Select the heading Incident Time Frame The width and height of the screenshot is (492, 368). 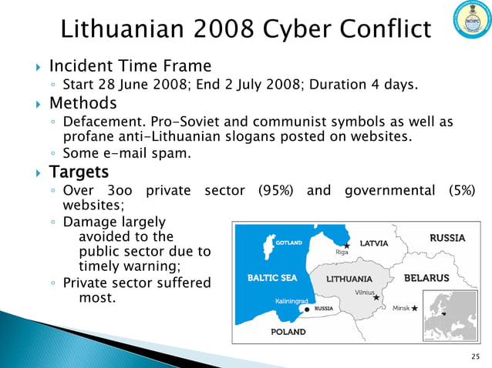tap(130, 65)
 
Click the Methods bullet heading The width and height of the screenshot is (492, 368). tap(83, 102)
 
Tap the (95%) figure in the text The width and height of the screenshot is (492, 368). tap(275, 190)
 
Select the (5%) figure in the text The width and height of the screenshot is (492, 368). tap(458, 190)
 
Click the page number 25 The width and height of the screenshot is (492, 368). tap(474, 355)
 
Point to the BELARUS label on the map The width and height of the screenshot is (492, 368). tap(426, 277)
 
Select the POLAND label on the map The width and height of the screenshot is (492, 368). tap(288, 332)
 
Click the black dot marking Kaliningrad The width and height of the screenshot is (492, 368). tap(308, 309)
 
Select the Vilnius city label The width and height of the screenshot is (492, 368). tap(365, 293)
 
